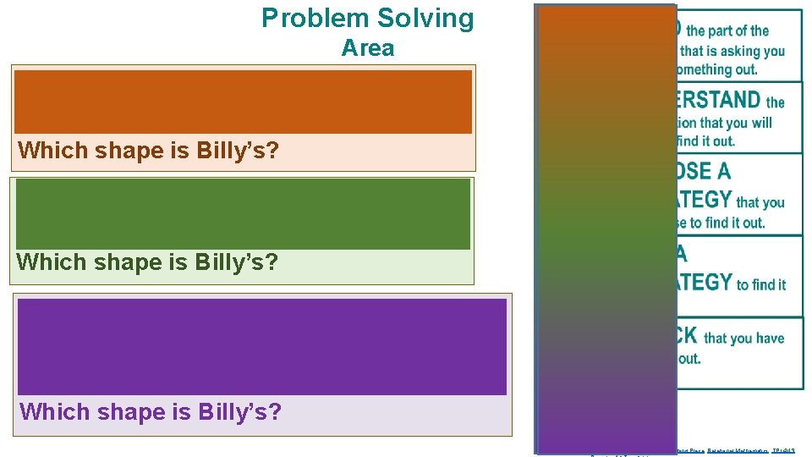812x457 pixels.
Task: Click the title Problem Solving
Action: click(368, 18)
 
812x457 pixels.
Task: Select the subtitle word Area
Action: click(368, 48)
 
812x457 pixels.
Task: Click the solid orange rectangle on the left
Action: click(243, 102)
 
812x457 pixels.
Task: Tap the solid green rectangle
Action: click(243, 213)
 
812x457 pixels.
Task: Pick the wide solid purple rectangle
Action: click(262, 346)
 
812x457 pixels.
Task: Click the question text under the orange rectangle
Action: click(149, 151)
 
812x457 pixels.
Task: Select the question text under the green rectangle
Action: click(147, 262)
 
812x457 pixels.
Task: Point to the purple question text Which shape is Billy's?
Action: click(151, 412)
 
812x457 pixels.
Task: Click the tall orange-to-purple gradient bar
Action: click(606, 228)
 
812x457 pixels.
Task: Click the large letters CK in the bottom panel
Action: click(688, 336)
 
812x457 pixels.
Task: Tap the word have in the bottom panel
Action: click(769, 338)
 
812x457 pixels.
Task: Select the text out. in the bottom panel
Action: click(689, 358)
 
